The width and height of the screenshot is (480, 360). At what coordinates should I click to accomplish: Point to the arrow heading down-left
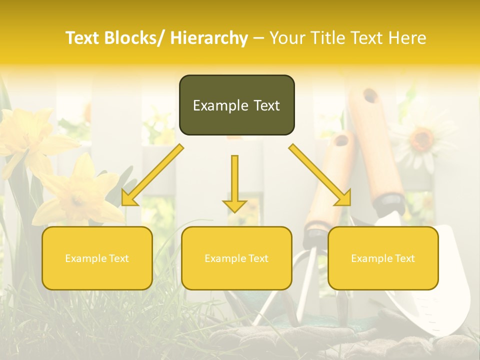click(152, 175)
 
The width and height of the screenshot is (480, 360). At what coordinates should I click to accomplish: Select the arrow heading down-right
click(320, 175)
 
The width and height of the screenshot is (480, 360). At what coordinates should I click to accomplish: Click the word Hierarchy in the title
click(209, 38)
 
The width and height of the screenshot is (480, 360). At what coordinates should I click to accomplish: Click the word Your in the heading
click(289, 38)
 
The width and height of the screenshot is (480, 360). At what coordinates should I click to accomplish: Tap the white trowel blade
click(440, 280)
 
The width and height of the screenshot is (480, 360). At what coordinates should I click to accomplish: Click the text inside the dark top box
click(236, 105)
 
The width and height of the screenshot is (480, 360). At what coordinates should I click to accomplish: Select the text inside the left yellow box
click(97, 258)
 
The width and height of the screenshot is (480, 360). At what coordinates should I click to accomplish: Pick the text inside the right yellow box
click(383, 258)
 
